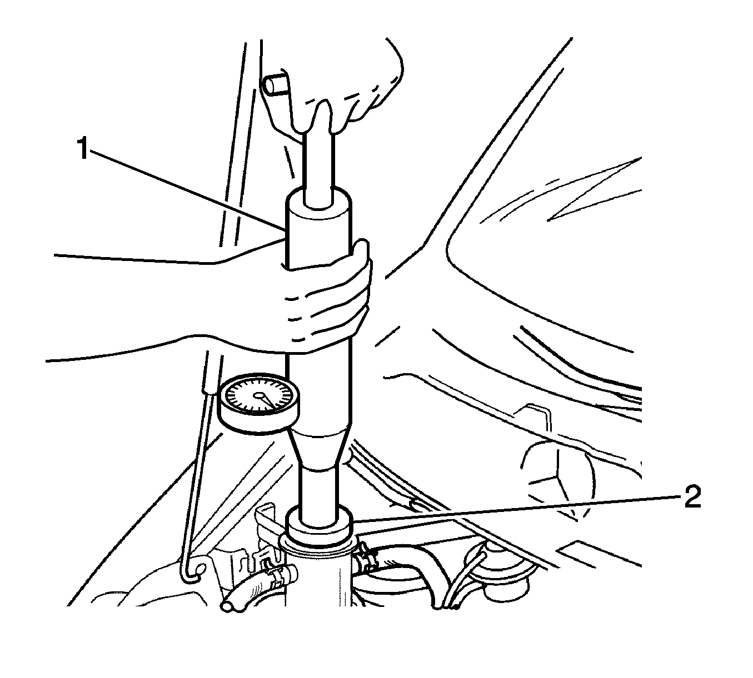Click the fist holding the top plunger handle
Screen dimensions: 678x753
coord(345,83)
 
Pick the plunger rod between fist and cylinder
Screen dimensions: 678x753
coord(318,167)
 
